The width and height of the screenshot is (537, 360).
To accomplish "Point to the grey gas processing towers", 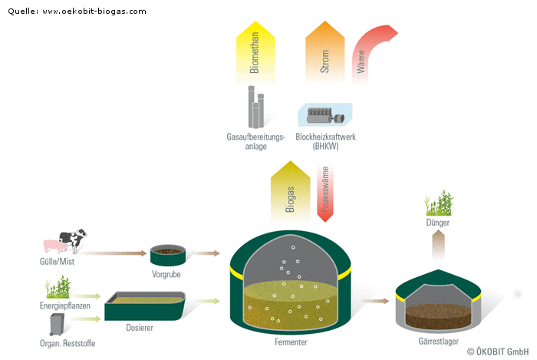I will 255,107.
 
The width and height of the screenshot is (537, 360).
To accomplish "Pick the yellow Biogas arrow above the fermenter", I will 289,192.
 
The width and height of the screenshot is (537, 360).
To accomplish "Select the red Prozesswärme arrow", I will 325,192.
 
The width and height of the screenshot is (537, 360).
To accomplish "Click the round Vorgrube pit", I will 166,254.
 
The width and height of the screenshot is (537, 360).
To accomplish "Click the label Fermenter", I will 291,342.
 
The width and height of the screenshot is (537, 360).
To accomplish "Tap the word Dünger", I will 437,223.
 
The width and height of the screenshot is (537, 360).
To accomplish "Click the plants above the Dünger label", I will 437,203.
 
